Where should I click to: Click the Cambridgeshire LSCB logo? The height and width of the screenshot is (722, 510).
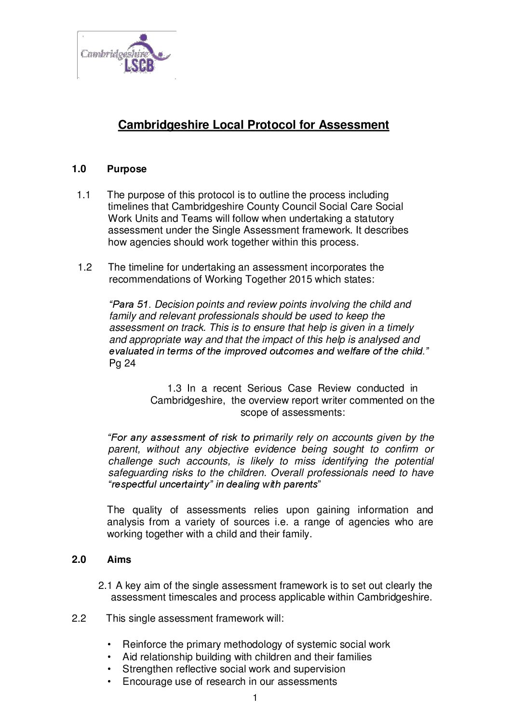click(x=126, y=54)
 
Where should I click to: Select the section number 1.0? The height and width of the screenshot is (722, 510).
click(x=79, y=169)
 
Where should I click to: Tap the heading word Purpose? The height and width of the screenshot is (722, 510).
click(x=127, y=169)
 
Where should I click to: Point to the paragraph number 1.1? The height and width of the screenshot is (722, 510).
click(x=83, y=195)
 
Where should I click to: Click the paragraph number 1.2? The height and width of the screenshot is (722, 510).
click(x=85, y=267)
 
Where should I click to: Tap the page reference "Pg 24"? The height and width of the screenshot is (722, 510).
click(x=122, y=363)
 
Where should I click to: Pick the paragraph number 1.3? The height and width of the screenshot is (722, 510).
click(x=174, y=388)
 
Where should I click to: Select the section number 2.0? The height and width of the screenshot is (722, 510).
click(x=79, y=559)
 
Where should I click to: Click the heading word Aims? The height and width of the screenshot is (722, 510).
click(x=119, y=559)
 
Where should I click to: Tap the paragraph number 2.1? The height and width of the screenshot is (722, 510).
click(x=105, y=586)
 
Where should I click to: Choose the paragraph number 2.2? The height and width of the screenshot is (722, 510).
click(x=79, y=618)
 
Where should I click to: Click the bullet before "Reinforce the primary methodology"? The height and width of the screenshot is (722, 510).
click(x=110, y=645)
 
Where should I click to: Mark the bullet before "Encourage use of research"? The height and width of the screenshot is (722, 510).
click(x=110, y=681)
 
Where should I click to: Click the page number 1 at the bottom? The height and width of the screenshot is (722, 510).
click(x=255, y=698)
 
